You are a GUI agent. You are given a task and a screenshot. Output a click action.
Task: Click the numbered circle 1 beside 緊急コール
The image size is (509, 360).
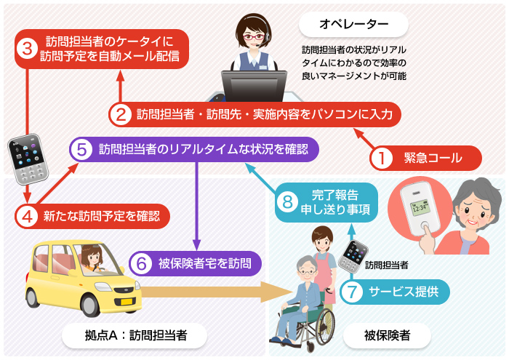pyautogui.click(x=382, y=157)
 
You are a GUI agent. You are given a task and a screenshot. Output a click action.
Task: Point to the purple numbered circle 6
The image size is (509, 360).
pyautogui.click(x=141, y=263)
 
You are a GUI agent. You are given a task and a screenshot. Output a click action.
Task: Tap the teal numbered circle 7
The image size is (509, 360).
pyautogui.click(x=351, y=293)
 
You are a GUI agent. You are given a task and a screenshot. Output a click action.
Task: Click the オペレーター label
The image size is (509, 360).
pyautogui.click(x=353, y=25)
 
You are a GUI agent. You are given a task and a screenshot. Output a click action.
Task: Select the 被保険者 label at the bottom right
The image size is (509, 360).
pyautogui.click(x=386, y=335)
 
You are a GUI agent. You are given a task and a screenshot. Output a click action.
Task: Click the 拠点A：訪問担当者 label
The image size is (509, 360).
pyautogui.click(x=135, y=335)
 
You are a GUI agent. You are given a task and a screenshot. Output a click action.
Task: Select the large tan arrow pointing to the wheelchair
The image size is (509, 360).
pyautogui.click(x=218, y=293)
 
